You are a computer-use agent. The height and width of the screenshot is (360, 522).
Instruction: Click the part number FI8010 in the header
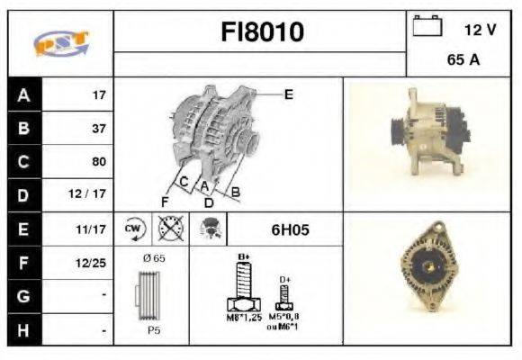click(262, 33)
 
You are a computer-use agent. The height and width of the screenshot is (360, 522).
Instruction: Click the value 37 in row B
click(98, 129)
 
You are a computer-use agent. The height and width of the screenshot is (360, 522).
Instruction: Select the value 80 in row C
click(98, 162)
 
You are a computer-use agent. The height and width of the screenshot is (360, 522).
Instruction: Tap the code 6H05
click(290, 229)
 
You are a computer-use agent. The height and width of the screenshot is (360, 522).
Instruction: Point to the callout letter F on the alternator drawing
click(166, 201)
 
